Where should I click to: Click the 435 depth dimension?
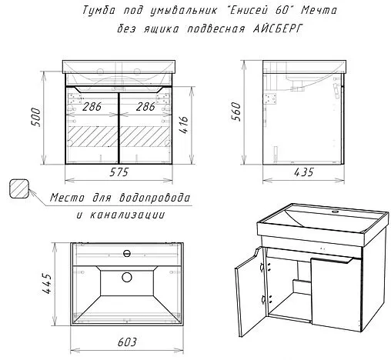coord(303,173)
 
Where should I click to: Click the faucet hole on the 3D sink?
coord(336,210)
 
